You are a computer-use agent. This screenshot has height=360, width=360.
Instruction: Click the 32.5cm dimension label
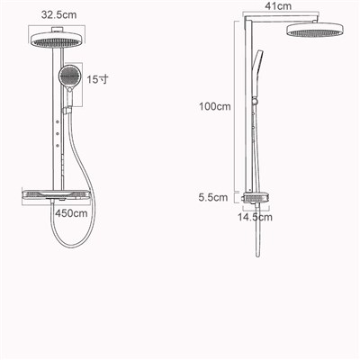click(58, 14)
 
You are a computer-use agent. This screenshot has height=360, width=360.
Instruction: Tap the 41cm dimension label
click(278, 6)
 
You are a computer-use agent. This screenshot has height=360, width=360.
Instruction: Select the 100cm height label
click(215, 106)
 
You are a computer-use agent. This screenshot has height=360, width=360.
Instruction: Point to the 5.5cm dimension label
click(213, 197)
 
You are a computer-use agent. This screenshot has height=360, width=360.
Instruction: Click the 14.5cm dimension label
click(256, 217)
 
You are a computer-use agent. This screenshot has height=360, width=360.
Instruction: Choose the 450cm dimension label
click(71, 213)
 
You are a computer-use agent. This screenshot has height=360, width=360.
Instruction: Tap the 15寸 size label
click(97, 79)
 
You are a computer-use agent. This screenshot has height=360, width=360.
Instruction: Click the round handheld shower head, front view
click(69, 76)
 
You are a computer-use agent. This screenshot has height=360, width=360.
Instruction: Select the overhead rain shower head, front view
click(57, 40)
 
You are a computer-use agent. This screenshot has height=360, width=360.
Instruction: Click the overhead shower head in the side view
click(315, 30)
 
